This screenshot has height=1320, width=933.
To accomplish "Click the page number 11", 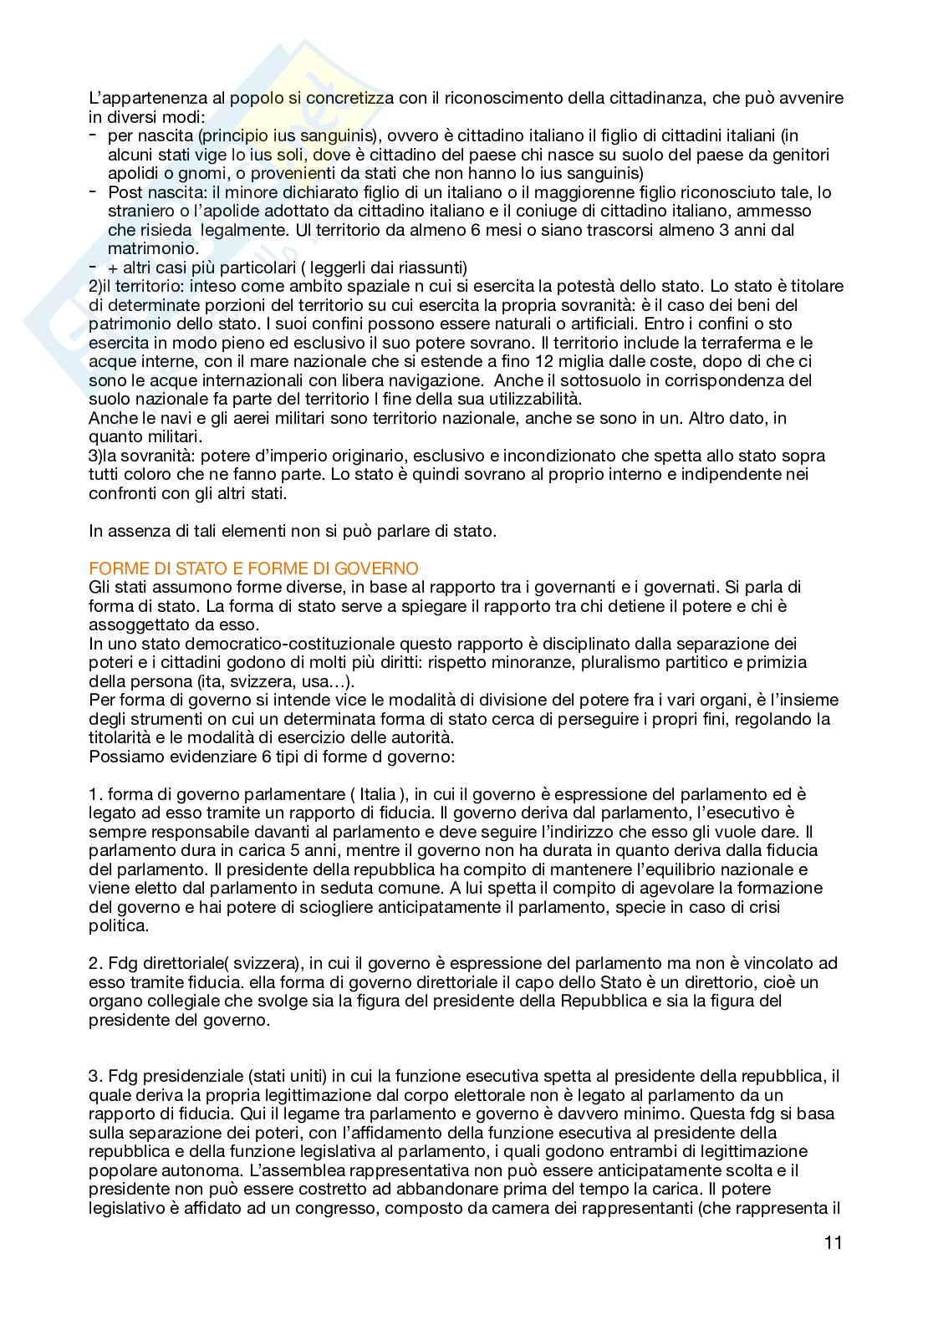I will (833, 1242).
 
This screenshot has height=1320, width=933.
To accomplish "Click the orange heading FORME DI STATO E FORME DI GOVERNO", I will (253, 568).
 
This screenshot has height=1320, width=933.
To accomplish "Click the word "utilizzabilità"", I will (530, 399).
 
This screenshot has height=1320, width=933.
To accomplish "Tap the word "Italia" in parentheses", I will (377, 794).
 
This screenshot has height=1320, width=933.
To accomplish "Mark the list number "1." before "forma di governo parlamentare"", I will (95, 794).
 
